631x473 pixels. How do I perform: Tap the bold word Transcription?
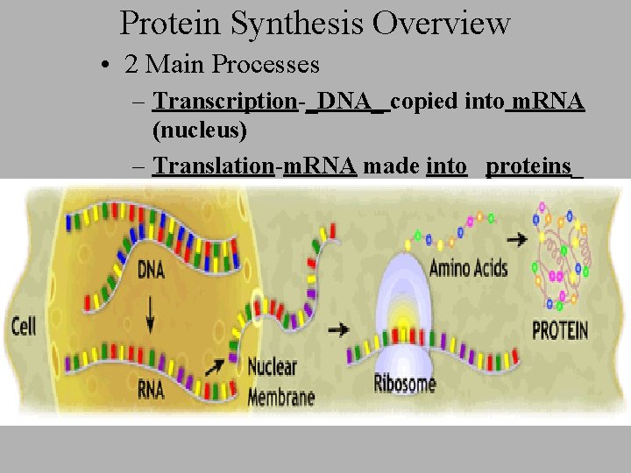coord(225,102)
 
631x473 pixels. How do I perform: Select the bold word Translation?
coord(213,166)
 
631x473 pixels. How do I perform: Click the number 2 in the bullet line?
coord(131,65)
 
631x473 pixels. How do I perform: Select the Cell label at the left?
coord(24,327)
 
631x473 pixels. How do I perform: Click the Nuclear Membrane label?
coord(281,382)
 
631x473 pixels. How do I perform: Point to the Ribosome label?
coord(404,382)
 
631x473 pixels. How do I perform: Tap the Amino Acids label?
coord(468,268)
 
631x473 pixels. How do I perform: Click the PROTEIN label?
coord(561,331)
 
